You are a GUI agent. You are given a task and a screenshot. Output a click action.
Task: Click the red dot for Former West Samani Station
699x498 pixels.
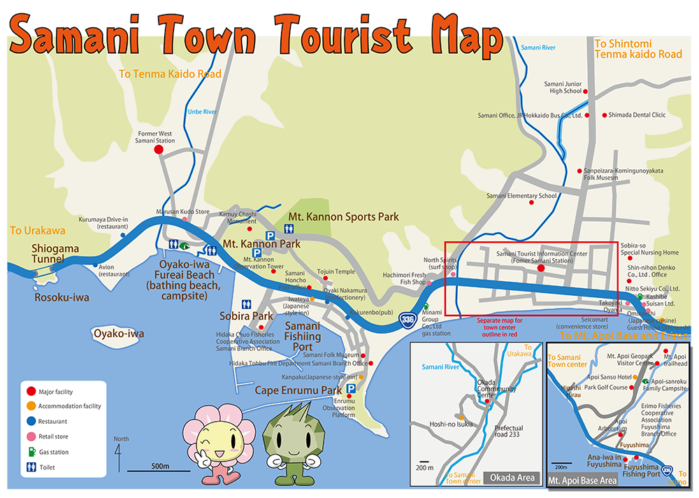click(159, 149)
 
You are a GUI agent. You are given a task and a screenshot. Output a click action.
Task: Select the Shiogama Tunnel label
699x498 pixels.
click(55, 254)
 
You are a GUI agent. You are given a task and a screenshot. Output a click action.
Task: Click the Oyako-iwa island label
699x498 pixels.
click(119, 334)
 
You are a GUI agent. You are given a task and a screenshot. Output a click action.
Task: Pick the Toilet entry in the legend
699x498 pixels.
click(46, 467)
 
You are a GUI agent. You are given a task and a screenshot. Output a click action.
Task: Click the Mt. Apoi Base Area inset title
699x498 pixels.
click(582, 481)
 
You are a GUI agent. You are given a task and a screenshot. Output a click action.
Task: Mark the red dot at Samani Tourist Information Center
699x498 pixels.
click(540, 268)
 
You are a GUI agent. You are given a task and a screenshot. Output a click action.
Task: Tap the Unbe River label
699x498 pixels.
click(202, 111)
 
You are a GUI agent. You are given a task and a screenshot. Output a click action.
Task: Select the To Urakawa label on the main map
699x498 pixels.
click(38, 230)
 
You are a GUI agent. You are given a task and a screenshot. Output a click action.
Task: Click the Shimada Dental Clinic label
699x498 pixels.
click(637, 115)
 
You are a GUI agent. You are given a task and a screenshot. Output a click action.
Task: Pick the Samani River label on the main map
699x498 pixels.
click(538, 47)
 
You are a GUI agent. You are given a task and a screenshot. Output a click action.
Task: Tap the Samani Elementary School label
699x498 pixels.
click(521, 196)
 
